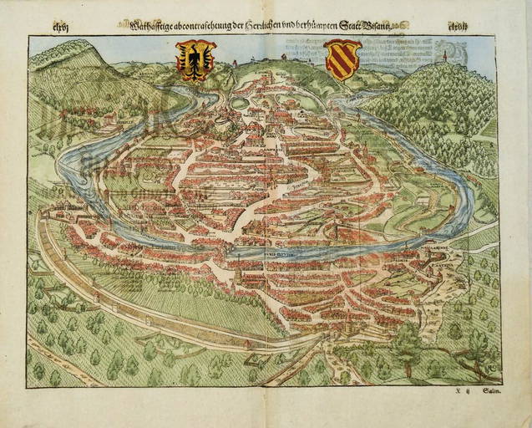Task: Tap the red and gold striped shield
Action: [x=341, y=60]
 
